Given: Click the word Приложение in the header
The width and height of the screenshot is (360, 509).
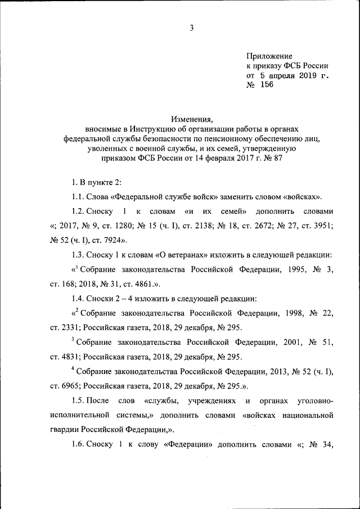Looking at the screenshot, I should pos(269,56).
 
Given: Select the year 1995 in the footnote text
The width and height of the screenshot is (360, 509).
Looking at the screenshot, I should pos(295,269).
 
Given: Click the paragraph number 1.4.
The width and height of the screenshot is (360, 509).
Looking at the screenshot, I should pos(78,299).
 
